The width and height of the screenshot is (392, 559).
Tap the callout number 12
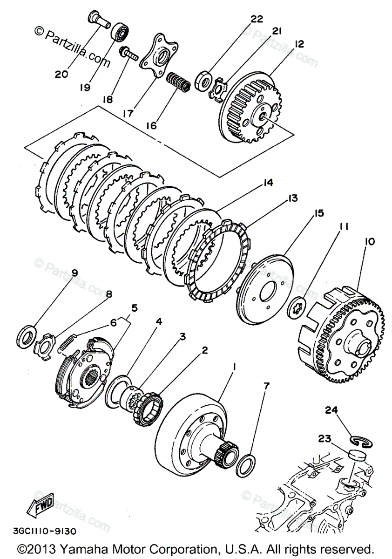click(298, 44)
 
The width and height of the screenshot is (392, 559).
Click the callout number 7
click(266, 386)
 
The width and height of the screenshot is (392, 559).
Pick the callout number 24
click(331, 410)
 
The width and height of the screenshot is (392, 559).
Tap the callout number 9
click(74, 273)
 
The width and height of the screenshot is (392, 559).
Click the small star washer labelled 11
click(297, 307)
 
